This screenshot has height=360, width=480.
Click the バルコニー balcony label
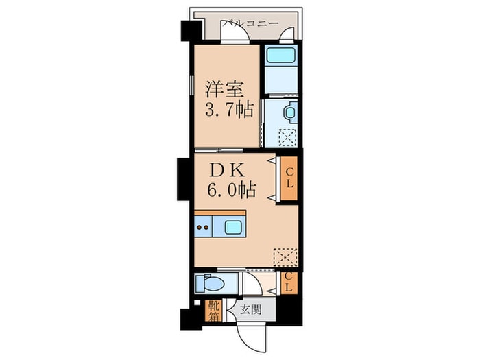[249, 23]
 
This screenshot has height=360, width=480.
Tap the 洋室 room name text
[222, 89]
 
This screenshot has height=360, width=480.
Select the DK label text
[224, 169]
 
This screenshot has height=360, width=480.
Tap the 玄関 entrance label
[250, 309]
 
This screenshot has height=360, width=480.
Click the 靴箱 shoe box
[214, 311]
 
